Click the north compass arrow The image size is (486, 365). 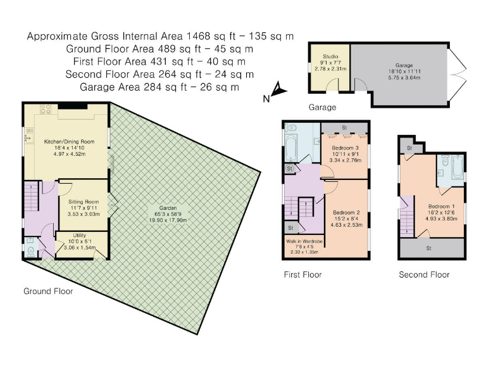278,89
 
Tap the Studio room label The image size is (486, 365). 330,56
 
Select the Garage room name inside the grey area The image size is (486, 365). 404,65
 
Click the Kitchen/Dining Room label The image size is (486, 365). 69,141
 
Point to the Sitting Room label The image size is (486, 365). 84,202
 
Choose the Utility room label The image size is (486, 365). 79,235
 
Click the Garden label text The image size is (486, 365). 168,208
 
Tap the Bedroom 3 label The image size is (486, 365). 345,148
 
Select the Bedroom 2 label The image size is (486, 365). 346,213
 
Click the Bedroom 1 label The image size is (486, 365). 441,207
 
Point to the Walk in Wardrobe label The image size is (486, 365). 304,241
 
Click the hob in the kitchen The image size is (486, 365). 46,109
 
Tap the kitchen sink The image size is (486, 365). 30,136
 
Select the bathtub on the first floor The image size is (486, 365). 291,148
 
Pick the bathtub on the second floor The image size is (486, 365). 458,167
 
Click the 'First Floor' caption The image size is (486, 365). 303,274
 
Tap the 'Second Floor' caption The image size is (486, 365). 424,274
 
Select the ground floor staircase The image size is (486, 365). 31,196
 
